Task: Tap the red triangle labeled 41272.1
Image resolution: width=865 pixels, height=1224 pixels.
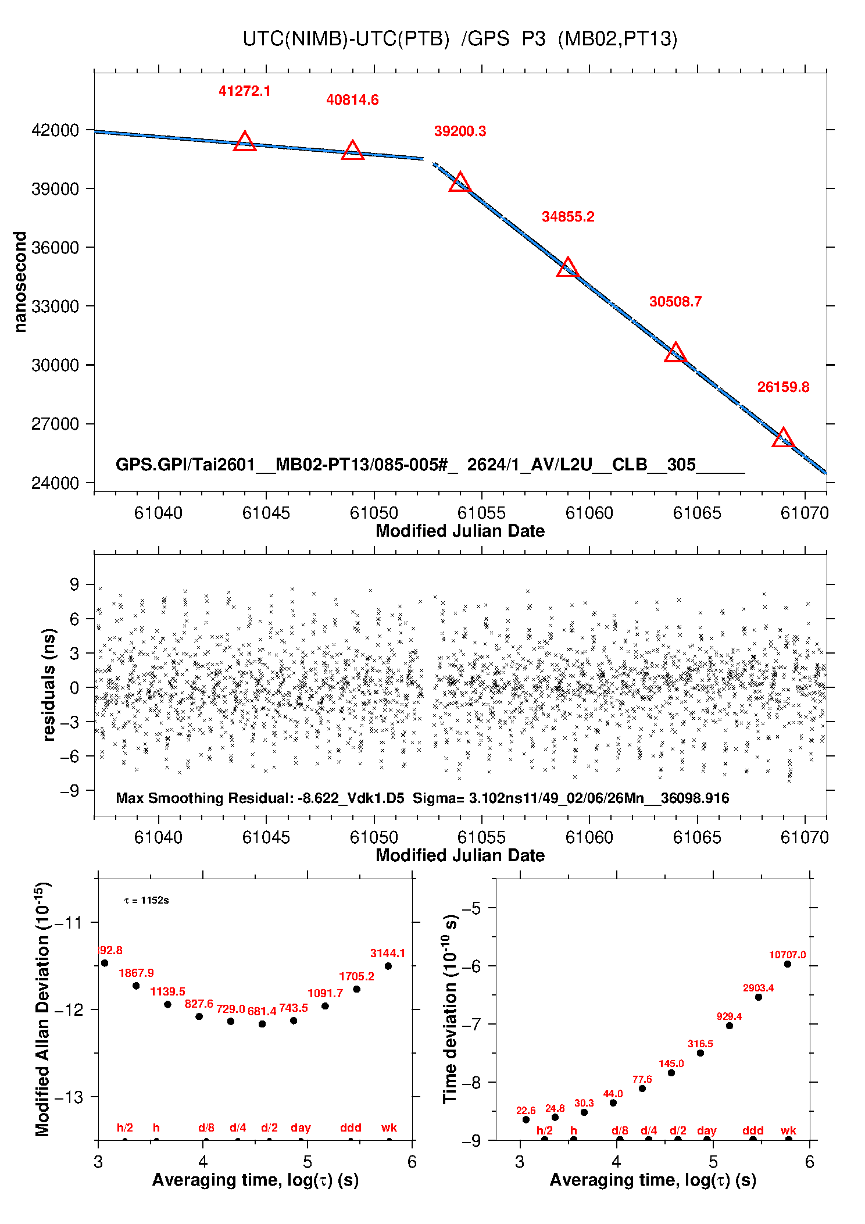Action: [x=245, y=142]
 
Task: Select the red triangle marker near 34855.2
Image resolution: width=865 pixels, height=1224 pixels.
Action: [x=567, y=268]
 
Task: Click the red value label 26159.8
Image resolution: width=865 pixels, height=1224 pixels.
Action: [x=782, y=387]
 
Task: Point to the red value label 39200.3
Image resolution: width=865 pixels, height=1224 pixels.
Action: [x=460, y=131]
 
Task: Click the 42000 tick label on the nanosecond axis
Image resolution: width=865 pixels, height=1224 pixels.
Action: [x=55, y=130]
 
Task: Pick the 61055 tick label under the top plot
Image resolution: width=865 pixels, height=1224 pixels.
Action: [x=481, y=513]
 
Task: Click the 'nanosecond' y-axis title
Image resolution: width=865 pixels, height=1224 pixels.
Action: [x=20, y=282]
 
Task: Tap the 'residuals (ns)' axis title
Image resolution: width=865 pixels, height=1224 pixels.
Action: [x=49, y=684]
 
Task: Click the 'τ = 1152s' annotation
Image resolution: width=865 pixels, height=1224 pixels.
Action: [x=146, y=901]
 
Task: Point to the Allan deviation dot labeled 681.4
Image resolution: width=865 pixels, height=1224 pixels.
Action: [x=262, y=1024]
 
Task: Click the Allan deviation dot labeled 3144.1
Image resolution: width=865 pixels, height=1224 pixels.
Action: [x=388, y=966]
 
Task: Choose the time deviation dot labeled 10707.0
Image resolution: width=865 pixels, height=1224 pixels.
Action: [x=788, y=964]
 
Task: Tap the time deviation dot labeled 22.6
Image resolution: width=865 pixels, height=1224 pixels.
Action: [x=526, y=1119]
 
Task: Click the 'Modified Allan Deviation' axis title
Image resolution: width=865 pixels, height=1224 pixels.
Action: [x=42, y=1009]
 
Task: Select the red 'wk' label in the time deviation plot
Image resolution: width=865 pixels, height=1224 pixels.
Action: [x=788, y=1130]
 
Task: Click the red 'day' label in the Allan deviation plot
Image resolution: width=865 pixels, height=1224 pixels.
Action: [x=301, y=1127]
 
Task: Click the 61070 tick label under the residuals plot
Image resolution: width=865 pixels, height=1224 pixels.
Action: [x=805, y=837]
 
